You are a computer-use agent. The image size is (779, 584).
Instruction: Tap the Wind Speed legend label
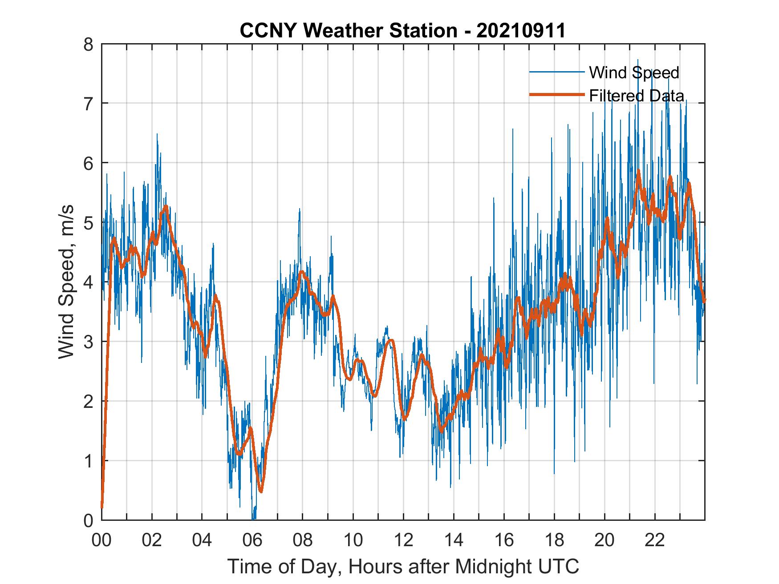tap(634, 72)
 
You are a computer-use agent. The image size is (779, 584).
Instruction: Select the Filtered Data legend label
tap(637, 96)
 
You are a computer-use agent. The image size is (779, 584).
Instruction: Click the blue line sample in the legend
tap(556, 72)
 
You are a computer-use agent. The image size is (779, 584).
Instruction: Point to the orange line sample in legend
tap(556, 95)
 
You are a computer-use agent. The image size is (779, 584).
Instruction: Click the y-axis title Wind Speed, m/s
tap(66, 282)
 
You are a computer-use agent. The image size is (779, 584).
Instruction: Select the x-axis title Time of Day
tap(403, 567)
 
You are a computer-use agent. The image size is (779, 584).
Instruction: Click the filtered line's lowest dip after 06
tap(261, 491)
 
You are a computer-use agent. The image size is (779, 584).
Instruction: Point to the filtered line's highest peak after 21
tap(638, 171)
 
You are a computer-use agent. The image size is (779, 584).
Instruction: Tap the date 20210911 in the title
tap(521, 31)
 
